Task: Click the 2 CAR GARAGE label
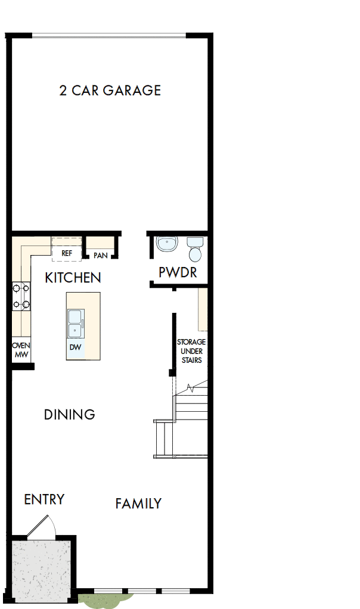(x=110, y=91)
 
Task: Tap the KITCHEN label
(x=73, y=278)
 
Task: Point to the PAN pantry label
(x=100, y=256)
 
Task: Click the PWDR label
(x=178, y=273)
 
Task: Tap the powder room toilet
(x=195, y=250)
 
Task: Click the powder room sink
(x=167, y=244)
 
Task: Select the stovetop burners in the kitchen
(x=21, y=297)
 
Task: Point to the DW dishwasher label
(x=76, y=347)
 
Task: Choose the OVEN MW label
(x=21, y=350)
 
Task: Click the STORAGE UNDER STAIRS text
(x=191, y=351)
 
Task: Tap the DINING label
(x=70, y=415)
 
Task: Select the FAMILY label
(x=138, y=504)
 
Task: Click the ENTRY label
(x=44, y=499)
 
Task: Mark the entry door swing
(x=43, y=524)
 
